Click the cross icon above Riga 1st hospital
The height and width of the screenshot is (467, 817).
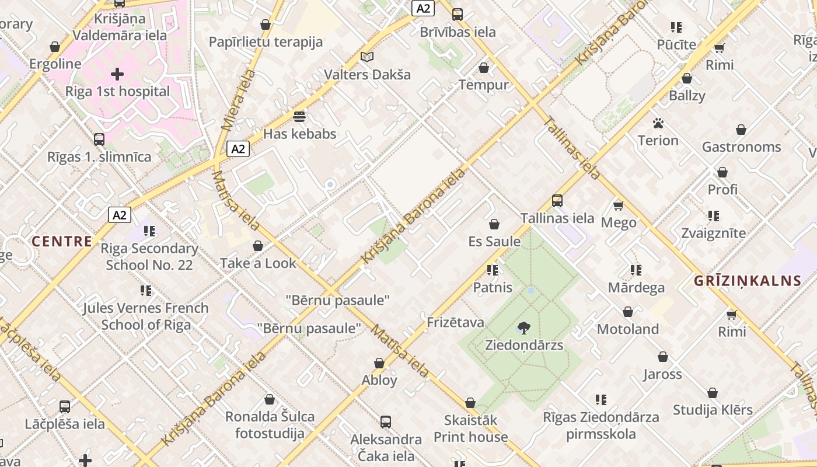click(x=117, y=74)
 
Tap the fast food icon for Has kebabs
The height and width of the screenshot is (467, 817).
click(x=299, y=117)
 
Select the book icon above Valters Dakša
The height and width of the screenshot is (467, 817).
click(x=367, y=57)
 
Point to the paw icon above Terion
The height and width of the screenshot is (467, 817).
click(x=658, y=123)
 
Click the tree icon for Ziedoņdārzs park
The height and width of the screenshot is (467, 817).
click(x=524, y=328)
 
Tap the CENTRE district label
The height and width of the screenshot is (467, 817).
click(x=62, y=241)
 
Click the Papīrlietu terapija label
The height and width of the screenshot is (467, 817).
click(x=266, y=42)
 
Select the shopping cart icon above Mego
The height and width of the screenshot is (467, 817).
click(x=619, y=205)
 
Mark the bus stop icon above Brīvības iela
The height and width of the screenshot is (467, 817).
click(x=458, y=15)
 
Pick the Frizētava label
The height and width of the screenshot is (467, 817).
click(x=455, y=322)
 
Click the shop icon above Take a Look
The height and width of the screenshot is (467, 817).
click(x=258, y=246)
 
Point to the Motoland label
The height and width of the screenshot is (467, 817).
click(x=627, y=329)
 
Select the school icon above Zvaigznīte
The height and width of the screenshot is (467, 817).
click(x=713, y=216)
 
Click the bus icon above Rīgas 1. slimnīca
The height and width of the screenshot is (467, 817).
click(x=99, y=140)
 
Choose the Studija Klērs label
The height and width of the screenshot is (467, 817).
click(x=713, y=410)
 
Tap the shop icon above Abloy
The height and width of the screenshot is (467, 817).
click(x=379, y=363)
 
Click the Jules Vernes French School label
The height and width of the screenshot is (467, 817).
click(x=146, y=316)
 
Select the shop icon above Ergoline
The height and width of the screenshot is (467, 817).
click(x=55, y=47)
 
